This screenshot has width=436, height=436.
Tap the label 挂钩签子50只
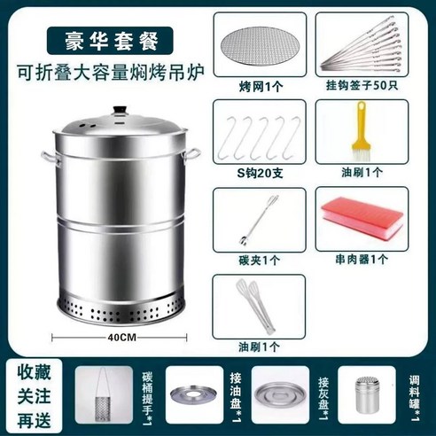point(361,86)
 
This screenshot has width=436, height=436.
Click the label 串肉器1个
point(361,260)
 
